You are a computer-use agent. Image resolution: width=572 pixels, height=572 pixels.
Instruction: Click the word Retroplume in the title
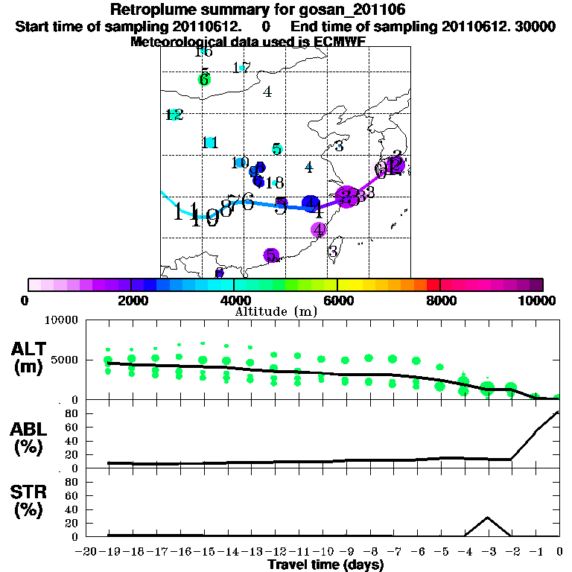pyautogui.click(x=156, y=10)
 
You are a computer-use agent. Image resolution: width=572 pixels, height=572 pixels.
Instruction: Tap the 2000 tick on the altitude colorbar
pyautogui.click(x=131, y=285)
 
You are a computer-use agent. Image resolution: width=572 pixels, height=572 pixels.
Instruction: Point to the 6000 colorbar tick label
pyautogui.click(x=337, y=300)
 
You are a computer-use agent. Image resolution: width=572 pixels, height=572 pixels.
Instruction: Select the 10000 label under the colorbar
pyautogui.click(x=536, y=300)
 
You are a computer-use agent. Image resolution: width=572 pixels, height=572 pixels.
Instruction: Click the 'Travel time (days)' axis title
pyautogui.click(x=325, y=565)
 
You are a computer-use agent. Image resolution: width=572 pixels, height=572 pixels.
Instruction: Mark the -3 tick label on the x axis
pyautogui.click(x=488, y=552)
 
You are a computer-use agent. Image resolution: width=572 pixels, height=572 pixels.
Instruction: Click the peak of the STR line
pyautogui.click(x=487, y=517)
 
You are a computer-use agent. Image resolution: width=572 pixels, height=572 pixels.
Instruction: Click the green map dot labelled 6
pyautogui.click(x=204, y=80)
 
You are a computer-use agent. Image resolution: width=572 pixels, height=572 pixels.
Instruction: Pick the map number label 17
pyautogui.click(x=241, y=68)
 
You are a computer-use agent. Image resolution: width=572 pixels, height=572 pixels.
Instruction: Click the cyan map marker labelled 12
pyautogui.click(x=174, y=115)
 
